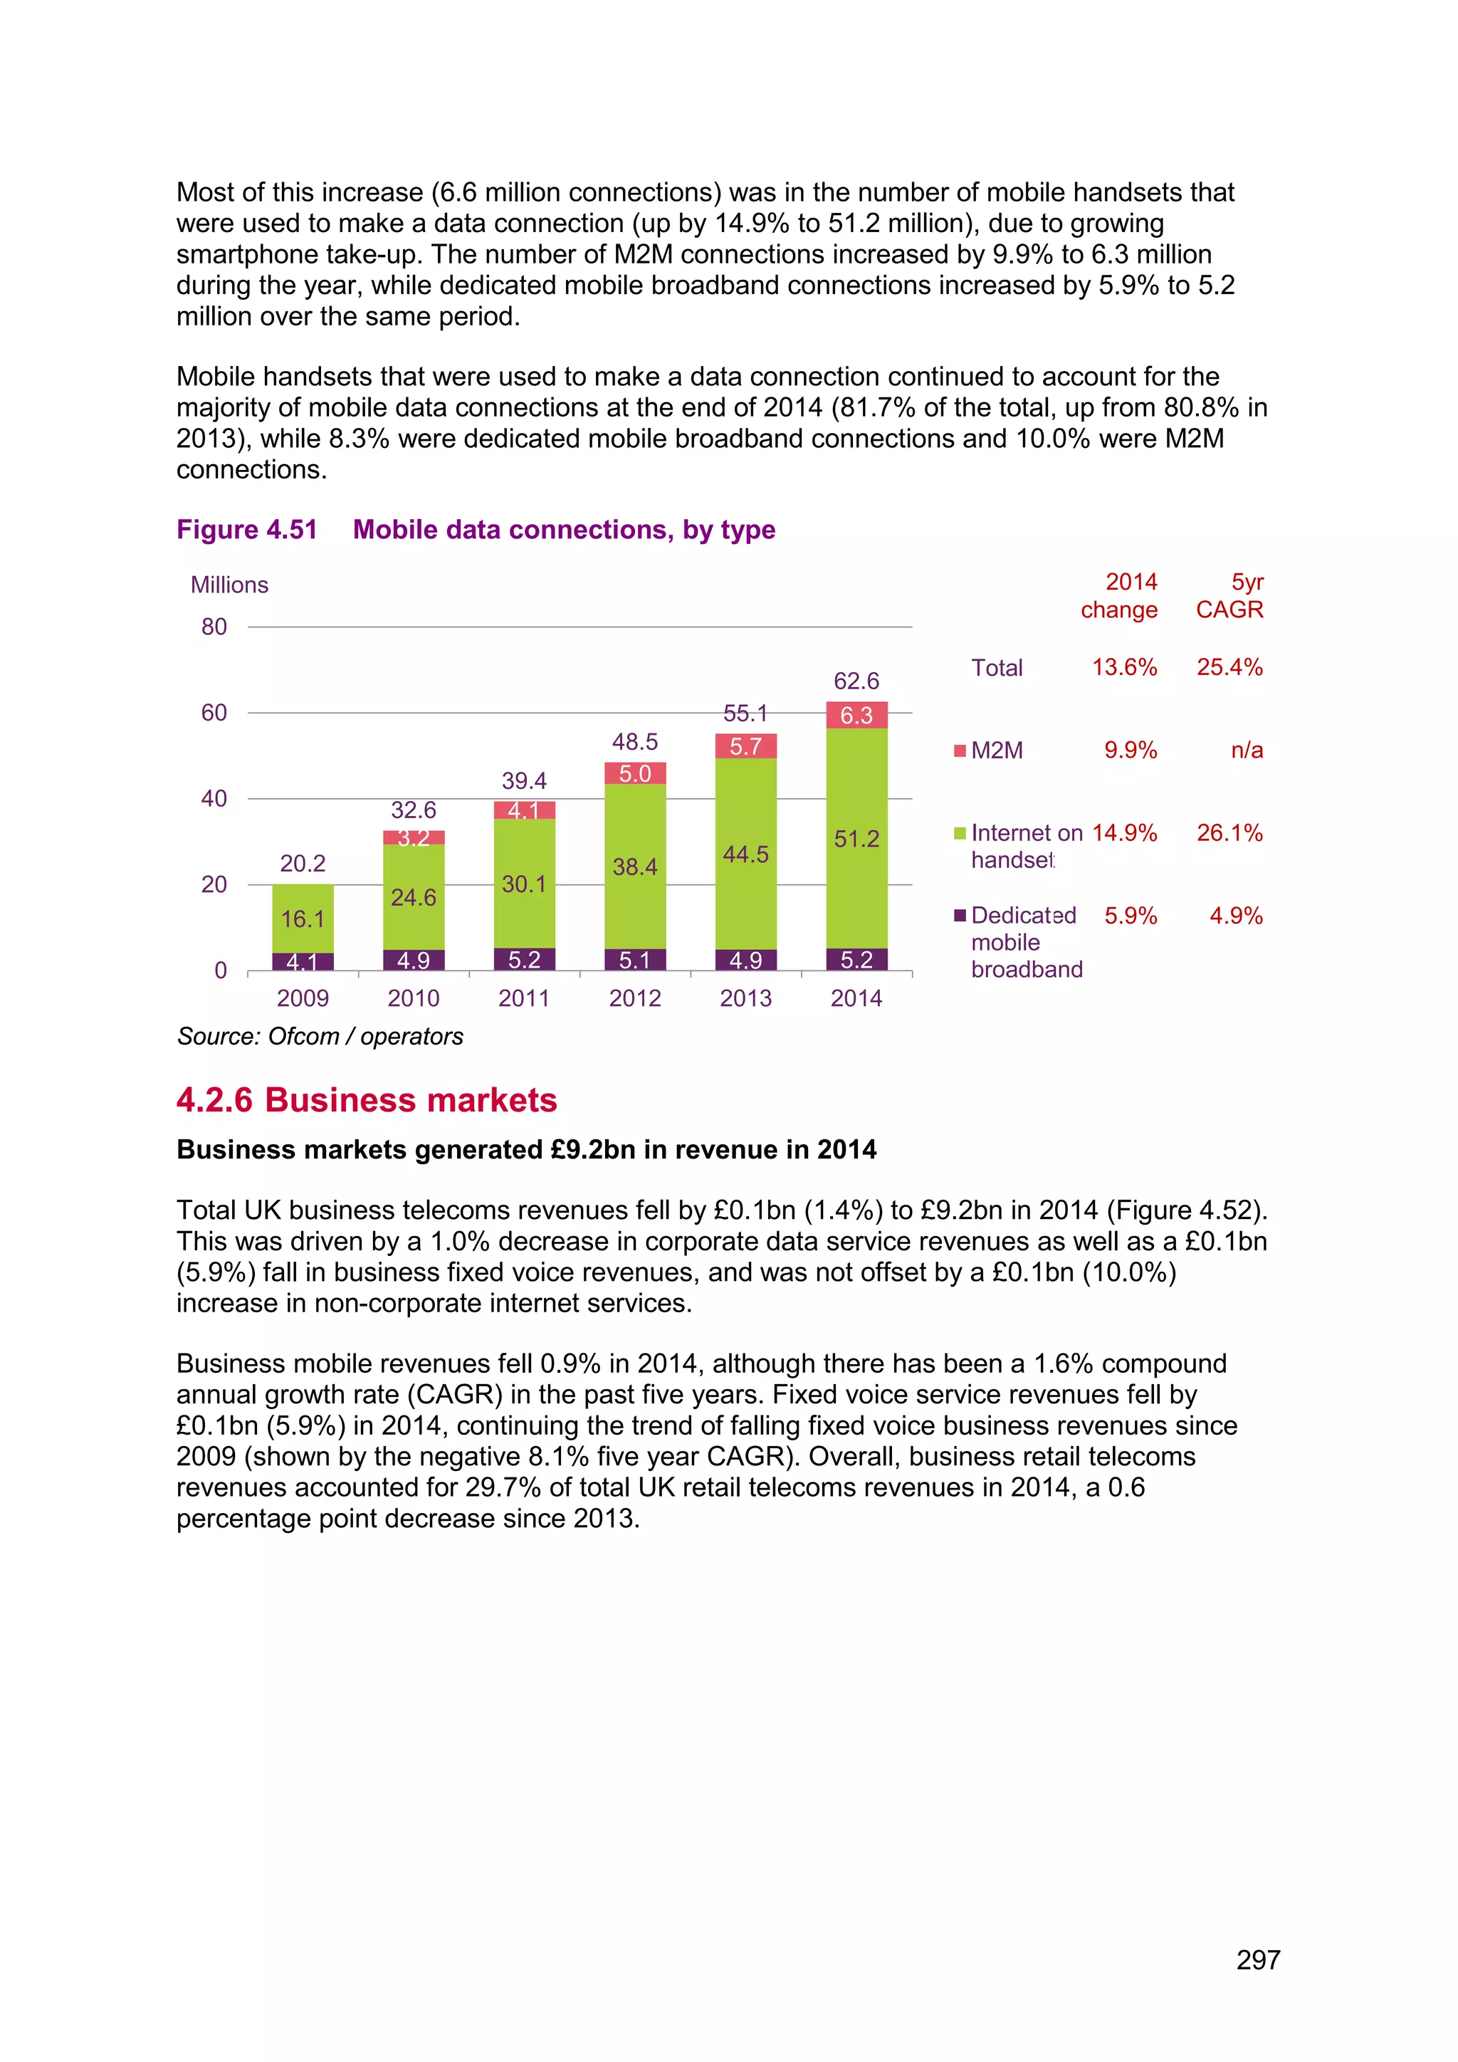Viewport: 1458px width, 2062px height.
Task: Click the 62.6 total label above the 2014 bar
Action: (x=856, y=681)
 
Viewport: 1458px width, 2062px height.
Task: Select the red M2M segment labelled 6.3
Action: (x=856, y=715)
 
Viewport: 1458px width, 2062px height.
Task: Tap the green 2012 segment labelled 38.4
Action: (x=635, y=867)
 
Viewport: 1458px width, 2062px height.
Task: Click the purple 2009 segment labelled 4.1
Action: (x=303, y=962)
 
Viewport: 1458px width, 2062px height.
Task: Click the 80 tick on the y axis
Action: (x=214, y=627)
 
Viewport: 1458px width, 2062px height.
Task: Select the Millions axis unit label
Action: (x=229, y=585)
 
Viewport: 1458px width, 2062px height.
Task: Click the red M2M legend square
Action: (x=960, y=750)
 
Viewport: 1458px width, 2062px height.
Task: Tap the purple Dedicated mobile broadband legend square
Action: (x=960, y=915)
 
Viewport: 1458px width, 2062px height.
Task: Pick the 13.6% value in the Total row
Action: (x=1124, y=667)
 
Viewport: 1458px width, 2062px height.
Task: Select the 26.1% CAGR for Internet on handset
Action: (x=1229, y=832)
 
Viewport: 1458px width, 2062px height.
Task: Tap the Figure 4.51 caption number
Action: (x=247, y=530)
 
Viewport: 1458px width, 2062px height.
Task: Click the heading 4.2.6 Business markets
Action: (x=367, y=1100)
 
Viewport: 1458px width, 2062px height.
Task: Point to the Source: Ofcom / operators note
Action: (x=320, y=1037)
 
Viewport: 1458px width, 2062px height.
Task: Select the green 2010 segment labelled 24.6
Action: (x=413, y=897)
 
